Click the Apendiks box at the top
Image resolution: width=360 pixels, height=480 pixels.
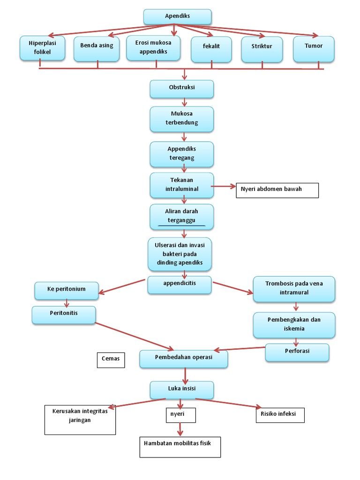177,16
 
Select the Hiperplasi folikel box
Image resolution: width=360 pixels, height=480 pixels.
42,48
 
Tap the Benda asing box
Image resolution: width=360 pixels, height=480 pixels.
97,49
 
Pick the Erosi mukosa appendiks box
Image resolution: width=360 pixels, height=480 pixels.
153,48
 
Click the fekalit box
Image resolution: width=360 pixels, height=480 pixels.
211,49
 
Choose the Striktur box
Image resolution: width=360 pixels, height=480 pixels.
262,49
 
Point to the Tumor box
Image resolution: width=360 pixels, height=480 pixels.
314,48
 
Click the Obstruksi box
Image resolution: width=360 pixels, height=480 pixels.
182,88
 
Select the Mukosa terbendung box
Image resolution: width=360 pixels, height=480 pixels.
182,119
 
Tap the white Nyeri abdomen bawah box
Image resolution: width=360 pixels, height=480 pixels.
277,190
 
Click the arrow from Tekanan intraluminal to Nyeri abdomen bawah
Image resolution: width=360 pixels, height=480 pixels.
224,186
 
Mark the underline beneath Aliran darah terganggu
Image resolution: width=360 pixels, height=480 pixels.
182,226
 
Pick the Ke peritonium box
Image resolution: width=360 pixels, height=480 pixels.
67,290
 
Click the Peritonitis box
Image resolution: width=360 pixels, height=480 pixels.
64,315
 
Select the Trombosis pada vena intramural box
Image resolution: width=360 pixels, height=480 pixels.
294,288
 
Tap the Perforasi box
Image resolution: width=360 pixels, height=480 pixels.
297,352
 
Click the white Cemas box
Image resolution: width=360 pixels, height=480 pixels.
111,360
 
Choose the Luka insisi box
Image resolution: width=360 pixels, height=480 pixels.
182,390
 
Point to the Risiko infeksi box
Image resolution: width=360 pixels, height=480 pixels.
280,415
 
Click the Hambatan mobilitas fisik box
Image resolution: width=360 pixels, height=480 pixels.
180,447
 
